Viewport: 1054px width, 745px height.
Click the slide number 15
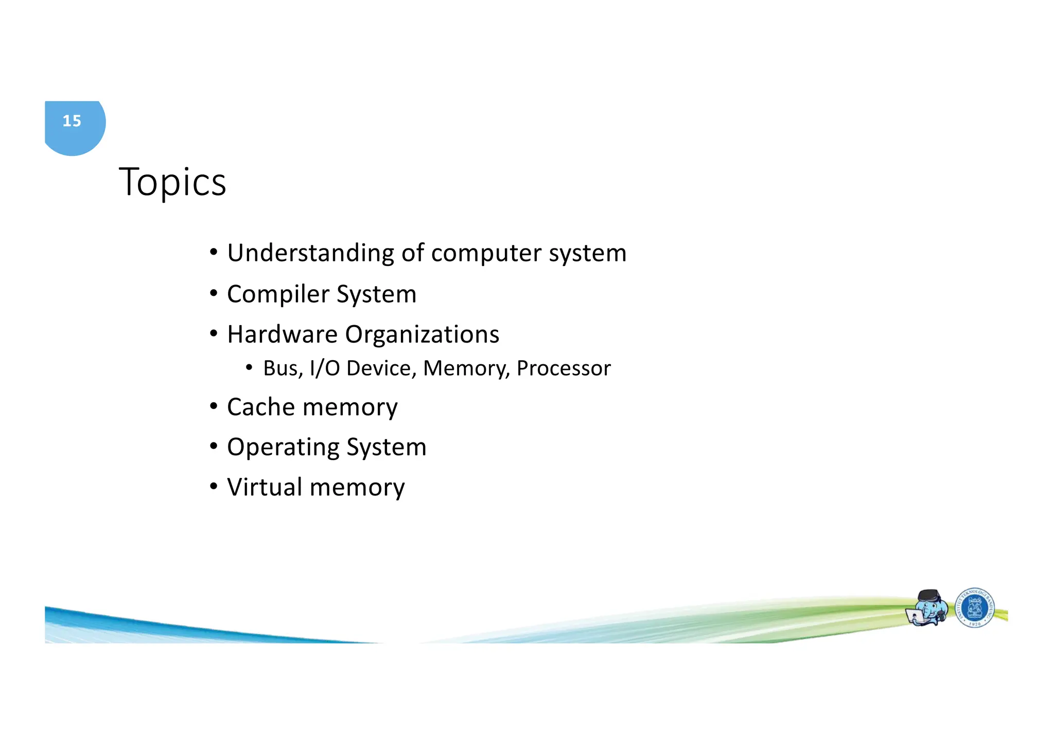click(x=72, y=121)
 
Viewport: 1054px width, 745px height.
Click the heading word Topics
click(x=172, y=182)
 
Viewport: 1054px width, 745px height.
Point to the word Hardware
click(x=282, y=334)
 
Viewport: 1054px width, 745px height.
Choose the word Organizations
click(x=422, y=334)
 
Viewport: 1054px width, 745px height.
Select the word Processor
click(x=564, y=368)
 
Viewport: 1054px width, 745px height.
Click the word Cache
click(x=261, y=407)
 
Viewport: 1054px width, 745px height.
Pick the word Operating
click(x=283, y=447)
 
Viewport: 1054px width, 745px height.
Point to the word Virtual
click(x=265, y=487)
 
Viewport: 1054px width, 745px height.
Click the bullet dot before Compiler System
click(x=214, y=293)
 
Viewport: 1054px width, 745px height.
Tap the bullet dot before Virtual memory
click(x=214, y=486)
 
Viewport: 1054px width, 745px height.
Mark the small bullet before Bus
click(x=249, y=367)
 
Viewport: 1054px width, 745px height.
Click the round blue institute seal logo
click(x=975, y=608)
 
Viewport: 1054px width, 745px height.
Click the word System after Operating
click(x=387, y=447)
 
